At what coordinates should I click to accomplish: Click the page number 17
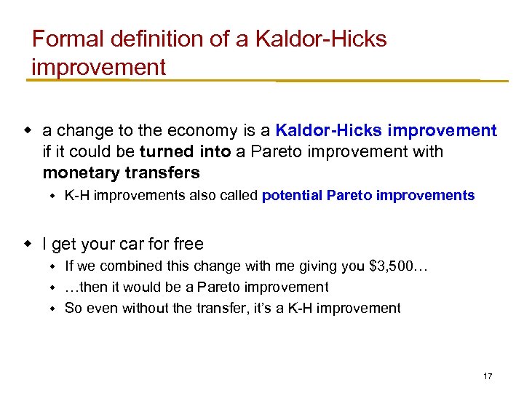tap(488, 376)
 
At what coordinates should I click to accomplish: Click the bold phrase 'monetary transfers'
tap(121, 172)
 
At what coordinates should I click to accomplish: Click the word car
tap(125, 244)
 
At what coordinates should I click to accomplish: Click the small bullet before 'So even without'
tap(52, 308)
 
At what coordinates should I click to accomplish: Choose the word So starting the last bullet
tap(73, 308)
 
